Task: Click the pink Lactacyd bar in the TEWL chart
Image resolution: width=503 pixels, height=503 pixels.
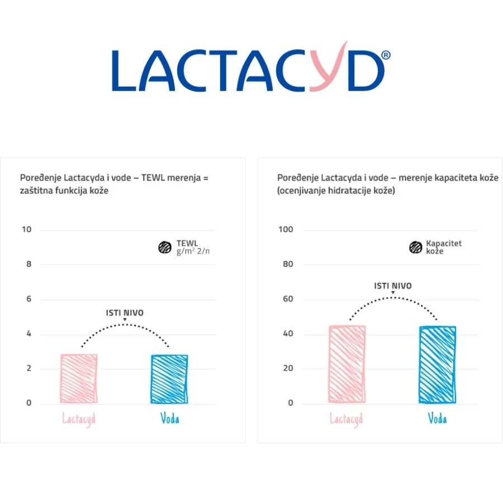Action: click(x=79, y=378)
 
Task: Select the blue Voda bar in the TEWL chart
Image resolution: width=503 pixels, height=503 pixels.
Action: click(x=169, y=378)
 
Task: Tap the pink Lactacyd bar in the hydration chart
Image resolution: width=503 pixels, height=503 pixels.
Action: click(x=347, y=364)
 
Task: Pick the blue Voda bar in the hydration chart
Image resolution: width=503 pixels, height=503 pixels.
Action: click(x=437, y=364)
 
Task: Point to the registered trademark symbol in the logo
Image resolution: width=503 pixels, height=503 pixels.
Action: click(x=385, y=55)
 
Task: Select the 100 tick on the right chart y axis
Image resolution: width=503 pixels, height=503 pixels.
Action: click(x=286, y=230)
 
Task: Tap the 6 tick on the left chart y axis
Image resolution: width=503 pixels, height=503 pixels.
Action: click(x=29, y=299)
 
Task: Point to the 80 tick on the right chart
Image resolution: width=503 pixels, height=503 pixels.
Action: click(x=288, y=264)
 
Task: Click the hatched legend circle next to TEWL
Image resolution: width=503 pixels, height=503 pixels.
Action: click(x=164, y=248)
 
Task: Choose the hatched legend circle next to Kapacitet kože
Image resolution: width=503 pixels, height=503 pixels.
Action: click(x=415, y=248)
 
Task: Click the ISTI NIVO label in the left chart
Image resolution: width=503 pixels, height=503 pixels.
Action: click(x=125, y=313)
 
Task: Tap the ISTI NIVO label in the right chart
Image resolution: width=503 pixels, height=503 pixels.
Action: click(x=392, y=286)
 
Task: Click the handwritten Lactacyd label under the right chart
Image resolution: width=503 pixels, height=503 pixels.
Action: click(x=347, y=419)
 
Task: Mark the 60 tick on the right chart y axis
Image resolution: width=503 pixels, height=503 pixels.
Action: click(x=288, y=299)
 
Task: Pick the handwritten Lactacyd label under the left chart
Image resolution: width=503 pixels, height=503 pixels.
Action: click(x=79, y=419)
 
